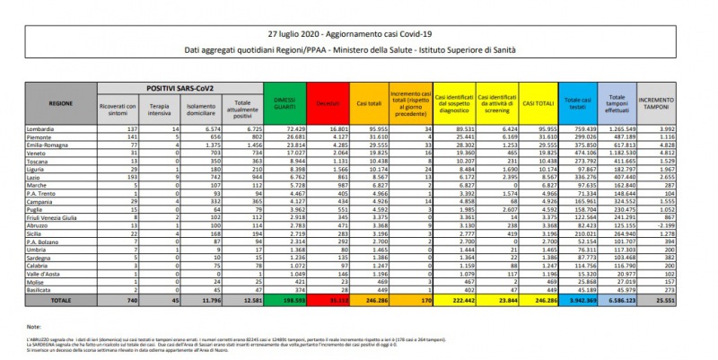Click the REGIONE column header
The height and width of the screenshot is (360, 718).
[x=61, y=103]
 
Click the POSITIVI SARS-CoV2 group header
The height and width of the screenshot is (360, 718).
[x=178, y=87]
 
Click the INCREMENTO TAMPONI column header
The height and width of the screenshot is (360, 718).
[x=656, y=104]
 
